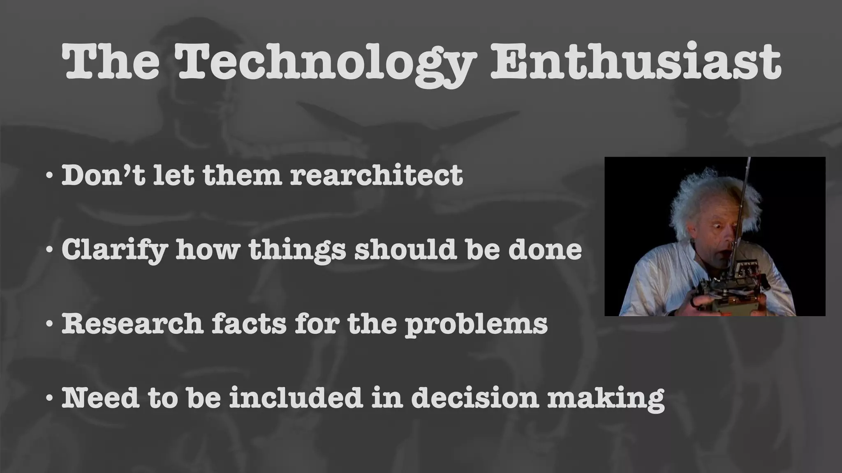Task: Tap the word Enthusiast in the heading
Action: (635, 62)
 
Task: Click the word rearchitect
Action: (376, 175)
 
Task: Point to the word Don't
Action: (103, 175)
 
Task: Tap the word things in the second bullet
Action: (297, 250)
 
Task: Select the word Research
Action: (132, 324)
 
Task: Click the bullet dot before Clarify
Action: (49, 249)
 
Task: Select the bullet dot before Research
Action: (49, 324)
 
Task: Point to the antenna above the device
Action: (743, 197)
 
